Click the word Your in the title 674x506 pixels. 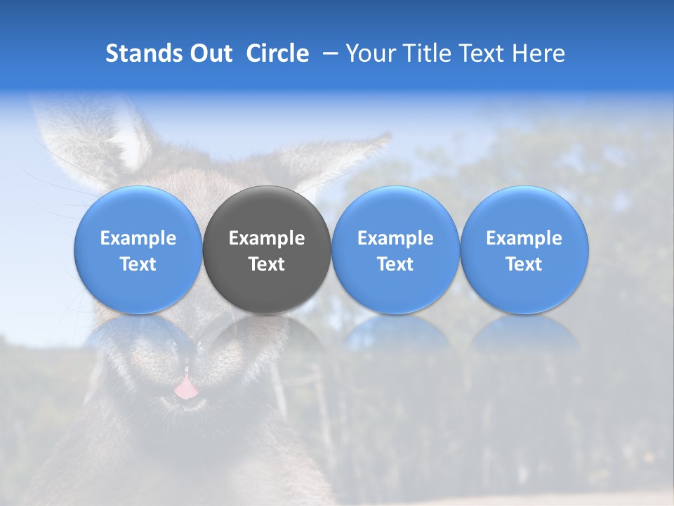(369, 54)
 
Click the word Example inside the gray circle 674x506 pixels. (267, 238)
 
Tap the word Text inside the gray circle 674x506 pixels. (267, 264)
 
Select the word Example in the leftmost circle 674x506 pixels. (138, 238)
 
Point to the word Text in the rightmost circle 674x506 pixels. (524, 264)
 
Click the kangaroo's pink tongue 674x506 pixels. (185, 388)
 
